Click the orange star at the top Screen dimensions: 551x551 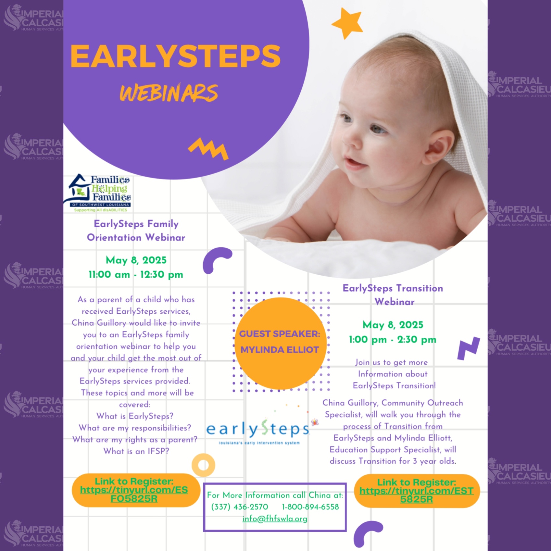(347, 23)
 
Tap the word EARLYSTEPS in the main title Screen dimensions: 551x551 (175, 56)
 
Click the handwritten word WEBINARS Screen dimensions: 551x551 (169, 93)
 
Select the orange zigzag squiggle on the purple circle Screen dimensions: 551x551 (208, 149)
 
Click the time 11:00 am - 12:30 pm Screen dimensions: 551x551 (136, 275)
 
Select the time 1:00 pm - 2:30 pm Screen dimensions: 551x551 (393, 340)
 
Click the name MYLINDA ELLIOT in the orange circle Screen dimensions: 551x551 (280, 350)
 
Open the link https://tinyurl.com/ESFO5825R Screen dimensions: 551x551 (134, 494)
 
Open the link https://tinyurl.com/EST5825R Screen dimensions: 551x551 (416, 495)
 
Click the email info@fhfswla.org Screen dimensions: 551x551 (275, 519)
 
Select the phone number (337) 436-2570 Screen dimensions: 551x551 (240, 507)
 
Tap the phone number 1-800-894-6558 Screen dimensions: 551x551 (310, 507)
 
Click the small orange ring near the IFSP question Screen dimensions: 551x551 (203, 465)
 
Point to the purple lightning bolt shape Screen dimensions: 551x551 (468, 348)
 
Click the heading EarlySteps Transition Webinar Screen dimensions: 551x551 (393, 295)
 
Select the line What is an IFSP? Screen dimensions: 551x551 (136, 451)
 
